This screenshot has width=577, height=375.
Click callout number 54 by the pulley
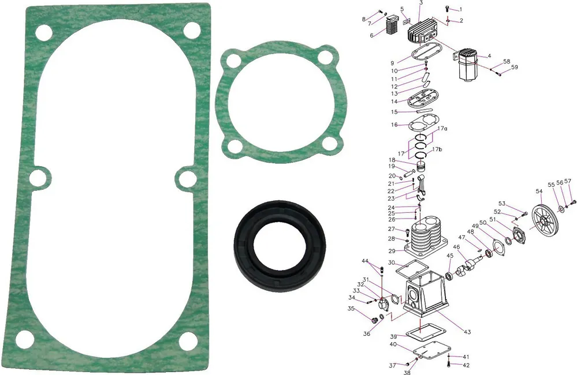(x=539, y=191)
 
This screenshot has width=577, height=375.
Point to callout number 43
(x=467, y=332)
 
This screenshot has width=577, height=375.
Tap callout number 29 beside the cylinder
(x=392, y=251)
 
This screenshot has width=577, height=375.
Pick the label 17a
(x=442, y=129)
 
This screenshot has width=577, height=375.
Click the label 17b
(x=437, y=149)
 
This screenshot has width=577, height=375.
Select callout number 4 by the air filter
(x=489, y=57)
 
